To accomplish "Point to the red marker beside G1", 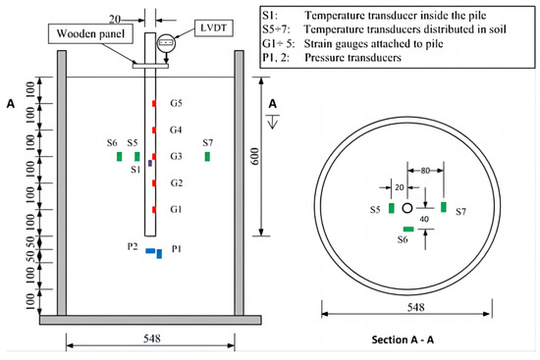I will pos(154,210).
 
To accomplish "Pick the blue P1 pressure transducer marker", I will pos(159,254).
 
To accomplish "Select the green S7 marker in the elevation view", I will pos(206,156).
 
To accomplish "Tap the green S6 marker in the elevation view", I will pos(119,156).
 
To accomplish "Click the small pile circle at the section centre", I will pos(407,207).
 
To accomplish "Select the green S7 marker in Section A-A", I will pos(444,206).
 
